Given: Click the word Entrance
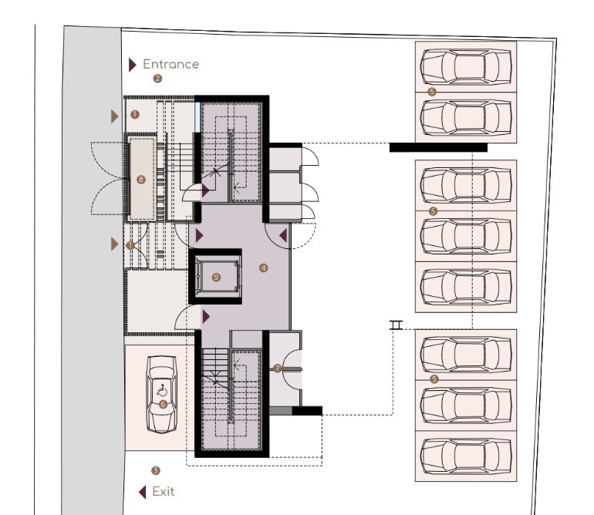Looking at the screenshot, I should click(170, 65).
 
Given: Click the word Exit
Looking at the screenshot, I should click(164, 491).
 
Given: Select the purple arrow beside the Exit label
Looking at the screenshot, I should click(143, 491).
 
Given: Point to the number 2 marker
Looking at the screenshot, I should click(157, 79).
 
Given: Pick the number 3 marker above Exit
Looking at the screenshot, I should click(156, 470).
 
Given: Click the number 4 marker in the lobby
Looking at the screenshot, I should click(264, 268).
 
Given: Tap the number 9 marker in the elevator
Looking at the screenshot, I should click(216, 276).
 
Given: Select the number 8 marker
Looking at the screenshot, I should click(140, 180).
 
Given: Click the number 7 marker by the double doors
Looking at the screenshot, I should click(277, 369).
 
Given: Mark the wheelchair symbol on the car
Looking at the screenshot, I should click(162, 390).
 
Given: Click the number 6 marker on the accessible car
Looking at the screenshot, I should click(162, 403).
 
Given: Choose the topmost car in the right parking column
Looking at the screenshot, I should click(466, 66).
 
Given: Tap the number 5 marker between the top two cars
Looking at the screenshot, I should click(431, 92).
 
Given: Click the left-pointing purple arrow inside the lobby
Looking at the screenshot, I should click(283, 235).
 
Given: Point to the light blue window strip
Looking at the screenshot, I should click(197, 116).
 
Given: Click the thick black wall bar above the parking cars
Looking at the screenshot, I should click(437, 147).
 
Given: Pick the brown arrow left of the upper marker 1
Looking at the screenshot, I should click(115, 116).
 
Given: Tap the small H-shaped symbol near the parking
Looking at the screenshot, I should click(397, 325).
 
